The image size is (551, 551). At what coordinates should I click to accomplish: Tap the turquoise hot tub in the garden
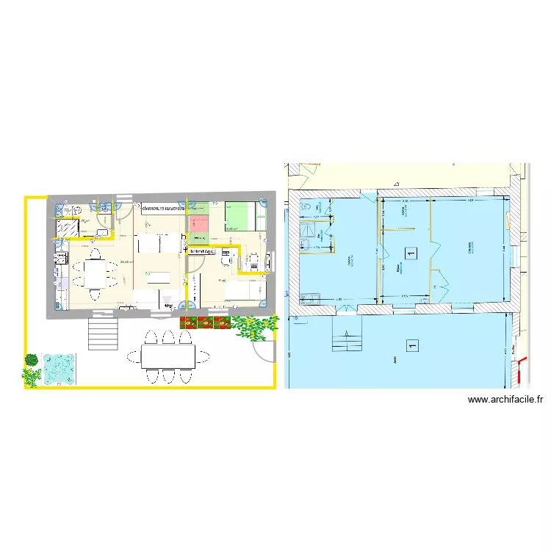coord(59,369)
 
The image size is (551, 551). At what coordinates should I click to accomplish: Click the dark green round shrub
coord(32,359)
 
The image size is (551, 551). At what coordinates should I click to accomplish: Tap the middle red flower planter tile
coord(206,322)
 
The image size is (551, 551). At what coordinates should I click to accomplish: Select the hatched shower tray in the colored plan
coord(68,228)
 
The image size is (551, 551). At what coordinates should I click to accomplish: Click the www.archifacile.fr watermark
coord(505,400)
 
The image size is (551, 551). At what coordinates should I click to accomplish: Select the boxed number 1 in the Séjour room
coord(411,253)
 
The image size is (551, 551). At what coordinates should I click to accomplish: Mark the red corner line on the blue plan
coord(524,370)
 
